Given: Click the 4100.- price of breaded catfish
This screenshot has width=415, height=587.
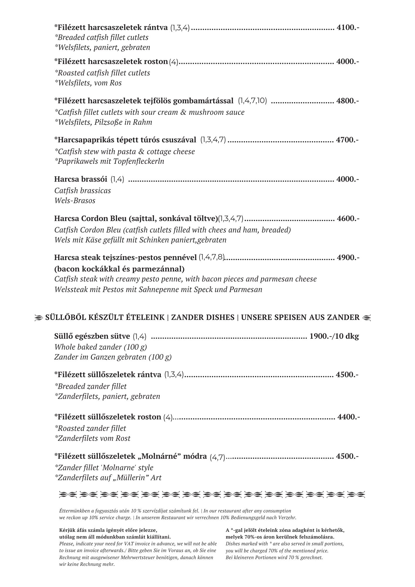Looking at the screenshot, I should tap(348, 28).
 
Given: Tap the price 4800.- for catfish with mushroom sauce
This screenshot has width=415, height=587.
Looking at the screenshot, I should tap(347, 101).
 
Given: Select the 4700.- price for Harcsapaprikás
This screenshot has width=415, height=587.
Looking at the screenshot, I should tap(347, 140).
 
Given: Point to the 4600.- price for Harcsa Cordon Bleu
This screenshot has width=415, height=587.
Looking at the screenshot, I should tap(348, 219).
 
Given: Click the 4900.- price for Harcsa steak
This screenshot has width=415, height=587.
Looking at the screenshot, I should tap(348, 258).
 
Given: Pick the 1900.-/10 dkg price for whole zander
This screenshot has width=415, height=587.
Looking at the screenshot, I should tap(334, 336).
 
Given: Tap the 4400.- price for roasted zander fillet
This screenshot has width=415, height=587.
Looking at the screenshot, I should tap(349, 417).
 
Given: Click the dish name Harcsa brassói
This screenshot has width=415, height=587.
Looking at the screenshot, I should tap(81, 179).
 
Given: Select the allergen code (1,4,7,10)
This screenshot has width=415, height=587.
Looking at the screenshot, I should tap(252, 101).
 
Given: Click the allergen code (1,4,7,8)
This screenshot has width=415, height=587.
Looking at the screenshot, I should tap(211, 258).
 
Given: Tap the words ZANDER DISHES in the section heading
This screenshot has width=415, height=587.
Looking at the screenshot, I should tap(203, 317).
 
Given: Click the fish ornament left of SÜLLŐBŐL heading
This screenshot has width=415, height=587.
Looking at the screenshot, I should tap(38, 318).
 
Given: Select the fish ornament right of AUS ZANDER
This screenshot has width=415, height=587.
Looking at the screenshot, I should tap(367, 317).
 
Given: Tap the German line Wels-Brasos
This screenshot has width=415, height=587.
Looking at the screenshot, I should tap(75, 201).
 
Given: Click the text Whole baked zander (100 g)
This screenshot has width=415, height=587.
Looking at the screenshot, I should tap(101, 347).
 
